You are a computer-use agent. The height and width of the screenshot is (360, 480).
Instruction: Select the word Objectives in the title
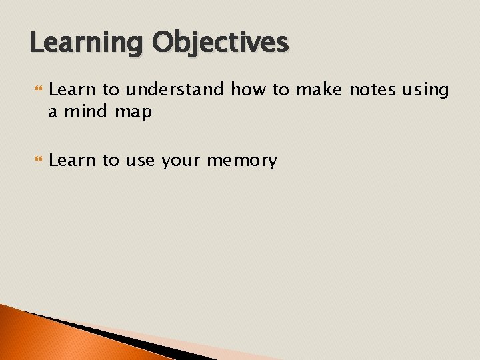221,43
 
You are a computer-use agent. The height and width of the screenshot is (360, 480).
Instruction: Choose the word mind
87,112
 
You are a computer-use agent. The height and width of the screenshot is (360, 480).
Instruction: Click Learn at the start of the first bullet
71,89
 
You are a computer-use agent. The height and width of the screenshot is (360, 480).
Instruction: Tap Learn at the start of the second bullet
71,161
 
